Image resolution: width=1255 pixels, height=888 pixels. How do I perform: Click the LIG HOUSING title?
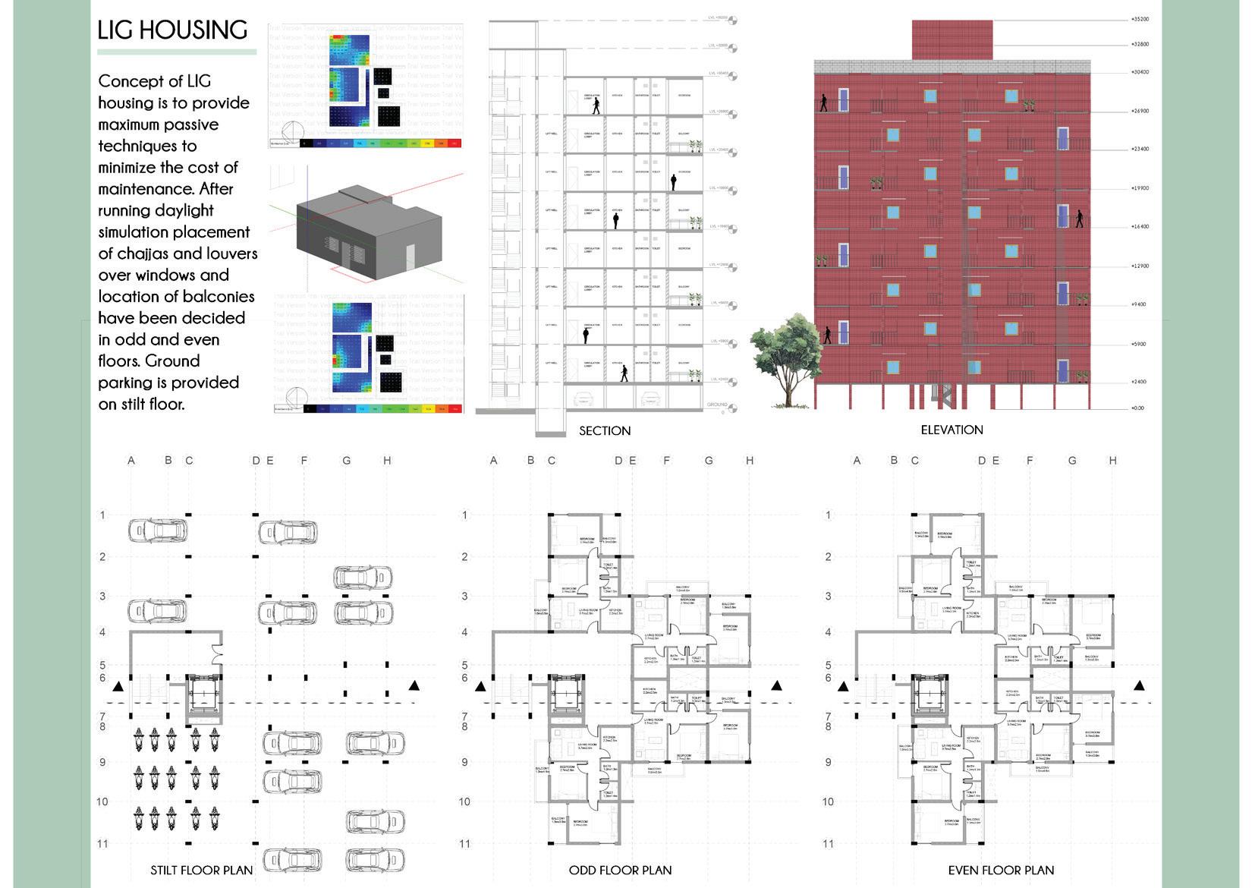[x=173, y=30]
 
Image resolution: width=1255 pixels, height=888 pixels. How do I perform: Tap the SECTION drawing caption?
[x=605, y=431]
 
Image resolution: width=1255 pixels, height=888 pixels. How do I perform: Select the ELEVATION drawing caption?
[x=951, y=430]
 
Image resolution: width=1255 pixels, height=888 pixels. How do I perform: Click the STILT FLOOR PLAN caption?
[x=201, y=870]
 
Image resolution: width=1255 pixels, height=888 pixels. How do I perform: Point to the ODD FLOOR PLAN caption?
[x=620, y=870]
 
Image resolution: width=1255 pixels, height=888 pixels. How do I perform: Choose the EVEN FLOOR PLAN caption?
[x=1001, y=870]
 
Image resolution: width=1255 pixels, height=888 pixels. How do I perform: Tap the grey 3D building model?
[x=367, y=228]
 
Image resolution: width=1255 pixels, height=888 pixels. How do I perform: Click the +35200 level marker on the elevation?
[x=1139, y=19]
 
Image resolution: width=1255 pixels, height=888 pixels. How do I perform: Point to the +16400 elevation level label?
[x=1139, y=227]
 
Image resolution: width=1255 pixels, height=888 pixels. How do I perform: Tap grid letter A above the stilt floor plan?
[x=131, y=461]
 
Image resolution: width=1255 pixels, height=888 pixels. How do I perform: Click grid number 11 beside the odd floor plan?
[x=464, y=843]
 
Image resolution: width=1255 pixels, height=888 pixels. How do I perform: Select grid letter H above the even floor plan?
[x=1112, y=461]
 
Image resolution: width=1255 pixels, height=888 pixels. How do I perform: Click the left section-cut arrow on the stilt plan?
[x=118, y=687]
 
